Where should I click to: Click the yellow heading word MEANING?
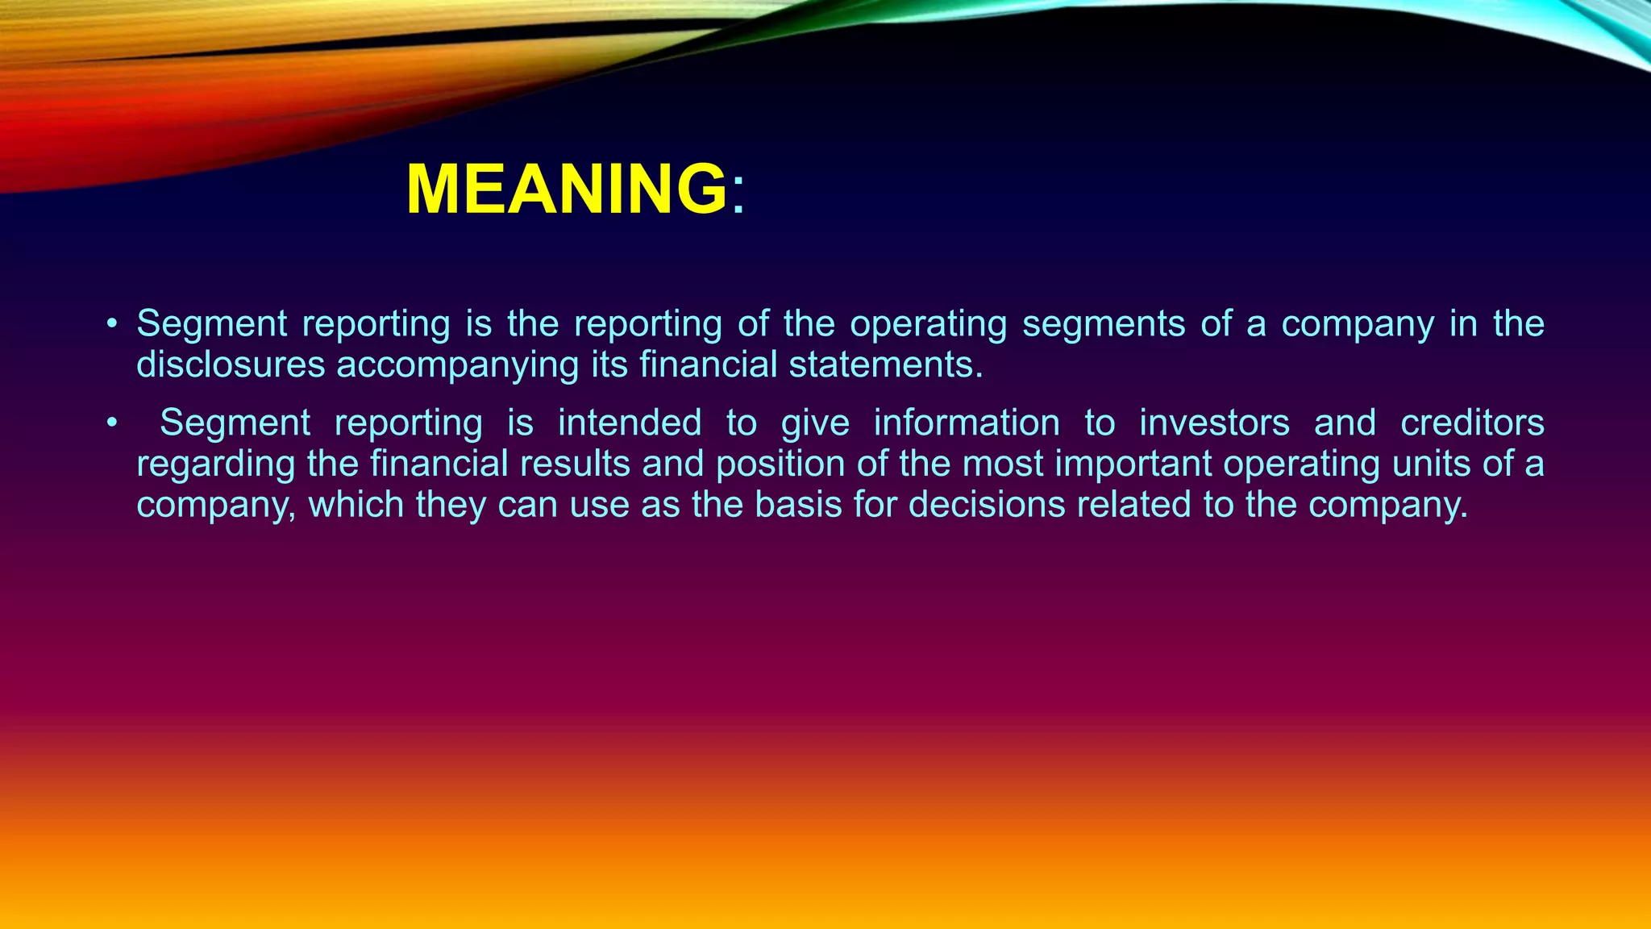tap(566, 190)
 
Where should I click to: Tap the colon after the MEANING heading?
tap(738, 194)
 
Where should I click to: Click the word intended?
tap(629, 423)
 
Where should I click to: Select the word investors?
tap(1214, 423)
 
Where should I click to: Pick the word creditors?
tap(1472, 423)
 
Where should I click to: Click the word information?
tap(966, 423)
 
